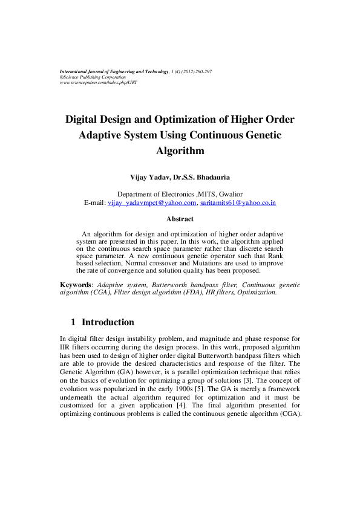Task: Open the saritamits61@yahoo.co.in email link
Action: point(238,203)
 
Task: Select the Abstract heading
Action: point(180,219)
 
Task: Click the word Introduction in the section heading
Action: point(108,322)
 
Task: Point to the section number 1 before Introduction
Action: point(73,322)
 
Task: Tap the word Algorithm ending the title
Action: point(180,151)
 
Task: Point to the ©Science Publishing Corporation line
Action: point(93,77)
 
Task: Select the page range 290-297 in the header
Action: point(200,71)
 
